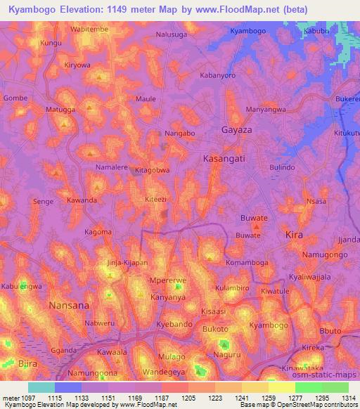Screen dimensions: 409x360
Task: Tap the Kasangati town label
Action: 224,160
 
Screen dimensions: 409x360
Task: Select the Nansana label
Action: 69,306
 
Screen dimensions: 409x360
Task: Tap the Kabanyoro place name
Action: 217,74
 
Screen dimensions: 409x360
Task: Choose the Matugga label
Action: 60,110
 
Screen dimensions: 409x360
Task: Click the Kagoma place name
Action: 98,232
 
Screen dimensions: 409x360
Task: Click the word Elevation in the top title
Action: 89,9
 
